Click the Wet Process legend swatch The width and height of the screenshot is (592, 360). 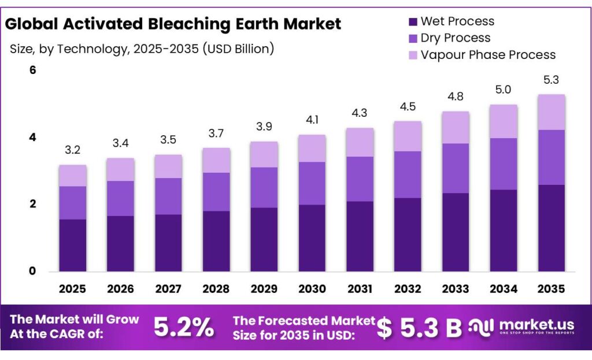(413, 22)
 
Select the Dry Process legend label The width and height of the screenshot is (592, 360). (456, 38)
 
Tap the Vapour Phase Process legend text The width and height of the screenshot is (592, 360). (488, 55)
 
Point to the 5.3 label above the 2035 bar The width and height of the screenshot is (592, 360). (551, 80)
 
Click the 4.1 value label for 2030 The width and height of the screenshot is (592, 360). (312, 120)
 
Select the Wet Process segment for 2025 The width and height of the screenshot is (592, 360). (72, 245)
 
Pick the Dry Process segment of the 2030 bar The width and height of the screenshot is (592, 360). (312, 183)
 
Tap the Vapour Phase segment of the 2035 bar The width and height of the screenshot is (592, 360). (551, 112)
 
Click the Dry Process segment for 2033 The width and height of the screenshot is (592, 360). (456, 168)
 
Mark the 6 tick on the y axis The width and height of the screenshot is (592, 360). (33, 70)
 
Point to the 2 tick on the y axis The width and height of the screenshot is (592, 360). (33, 204)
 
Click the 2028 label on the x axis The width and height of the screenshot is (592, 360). (216, 288)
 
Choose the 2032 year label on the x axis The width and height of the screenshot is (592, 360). (408, 288)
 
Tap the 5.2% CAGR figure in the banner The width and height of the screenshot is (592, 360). (183, 328)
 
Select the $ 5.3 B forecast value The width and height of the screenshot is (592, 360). (419, 328)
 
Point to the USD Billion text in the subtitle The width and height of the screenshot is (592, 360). (237, 49)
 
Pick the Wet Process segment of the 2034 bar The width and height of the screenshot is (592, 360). (504, 231)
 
